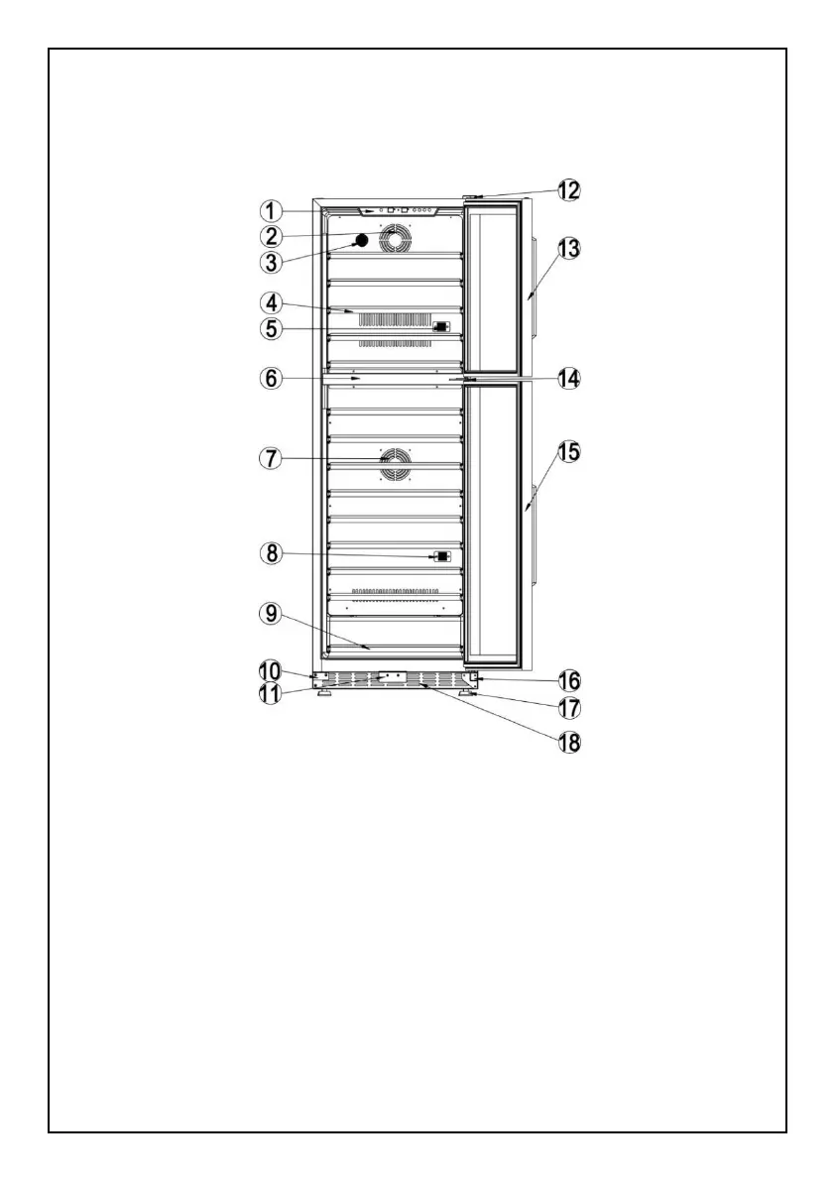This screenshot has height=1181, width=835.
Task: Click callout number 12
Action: click(x=568, y=189)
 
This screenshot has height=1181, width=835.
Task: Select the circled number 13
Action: click(x=568, y=248)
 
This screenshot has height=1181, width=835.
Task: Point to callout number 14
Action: click(x=568, y=378)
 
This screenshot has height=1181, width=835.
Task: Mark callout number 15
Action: click(x=568, y=452)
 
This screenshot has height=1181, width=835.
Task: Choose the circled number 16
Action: click(x=568, y=681)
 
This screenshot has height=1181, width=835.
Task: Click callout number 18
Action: click(x=568, y=742)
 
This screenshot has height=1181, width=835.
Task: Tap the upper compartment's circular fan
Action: click(x=396, y=241)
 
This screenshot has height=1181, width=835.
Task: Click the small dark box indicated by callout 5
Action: click(x=440, y=326)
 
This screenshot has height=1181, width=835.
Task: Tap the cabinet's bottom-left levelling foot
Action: click(x=324, y=694)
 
